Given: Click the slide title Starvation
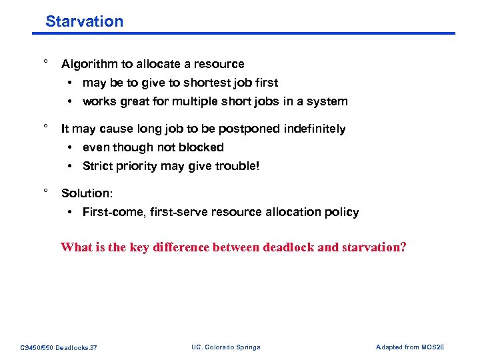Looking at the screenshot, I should (x=84, y=21).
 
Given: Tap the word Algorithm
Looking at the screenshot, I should (x=87, y=65).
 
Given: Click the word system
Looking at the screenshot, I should (x=328, y=102).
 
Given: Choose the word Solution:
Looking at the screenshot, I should (x=87, y=193).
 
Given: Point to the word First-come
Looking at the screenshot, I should (x=109, y=213).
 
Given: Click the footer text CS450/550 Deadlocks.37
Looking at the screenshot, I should (x=59, y=347).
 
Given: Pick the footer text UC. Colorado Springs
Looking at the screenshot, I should (x=225, y=347).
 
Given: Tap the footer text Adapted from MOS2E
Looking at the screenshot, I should (x=410, y=347).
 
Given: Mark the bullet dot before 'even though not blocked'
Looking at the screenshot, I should (x=70, y=147).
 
